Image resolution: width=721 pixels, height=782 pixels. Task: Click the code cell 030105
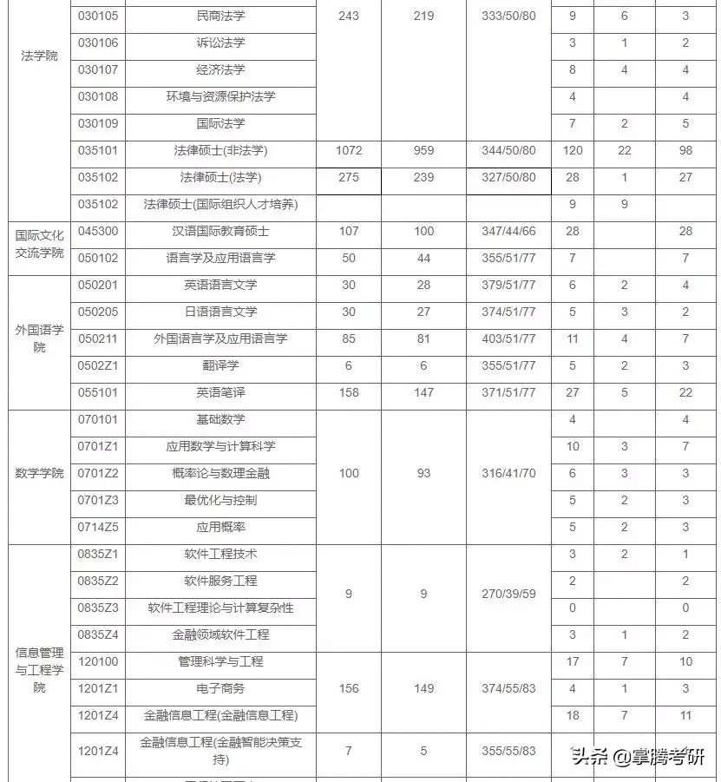tap(98, 16)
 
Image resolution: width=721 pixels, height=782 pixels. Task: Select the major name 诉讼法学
tap(220, 43)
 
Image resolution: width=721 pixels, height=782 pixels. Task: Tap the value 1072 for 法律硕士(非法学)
tap(348, 150)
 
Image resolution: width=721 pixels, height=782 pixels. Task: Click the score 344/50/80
tap(508, 150)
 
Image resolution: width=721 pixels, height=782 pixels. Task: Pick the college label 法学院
tap(39, 56)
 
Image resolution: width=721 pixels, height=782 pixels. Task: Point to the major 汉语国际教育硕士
tap(220, 231)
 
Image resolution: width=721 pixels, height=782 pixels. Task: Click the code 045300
tap(98, 231)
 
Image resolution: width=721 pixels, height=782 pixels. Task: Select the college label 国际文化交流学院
tap(39, 244)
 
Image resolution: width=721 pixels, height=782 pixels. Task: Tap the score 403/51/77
tap(508, 338)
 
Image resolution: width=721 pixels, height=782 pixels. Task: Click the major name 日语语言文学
tap(220, 312)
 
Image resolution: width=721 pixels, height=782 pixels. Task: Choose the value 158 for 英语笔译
tap(348, 392)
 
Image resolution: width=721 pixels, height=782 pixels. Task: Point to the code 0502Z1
tap(98, 365)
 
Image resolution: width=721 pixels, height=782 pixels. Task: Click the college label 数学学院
tap(39, 473)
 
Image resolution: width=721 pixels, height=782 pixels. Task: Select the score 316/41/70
tap(508, 473)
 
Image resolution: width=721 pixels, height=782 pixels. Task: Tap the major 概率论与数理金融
tap(220, 473)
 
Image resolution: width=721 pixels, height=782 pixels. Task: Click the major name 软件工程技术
tap(220, 554)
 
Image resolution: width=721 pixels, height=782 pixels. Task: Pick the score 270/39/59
tap(508, 594)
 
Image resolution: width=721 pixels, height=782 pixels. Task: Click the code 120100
tap(98, 661)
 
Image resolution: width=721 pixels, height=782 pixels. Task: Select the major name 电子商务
tap(220, 688)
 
